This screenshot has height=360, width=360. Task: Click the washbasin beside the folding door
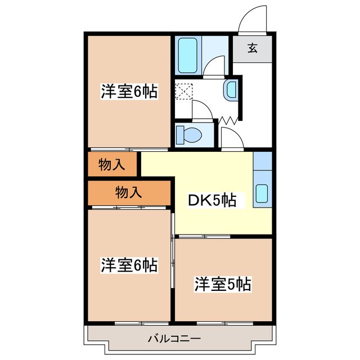pos(231,89)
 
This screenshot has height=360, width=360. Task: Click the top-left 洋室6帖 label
pos(129,91)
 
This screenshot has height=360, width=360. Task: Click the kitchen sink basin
pos(262,193)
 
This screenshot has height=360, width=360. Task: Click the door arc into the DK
pos(229,137)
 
